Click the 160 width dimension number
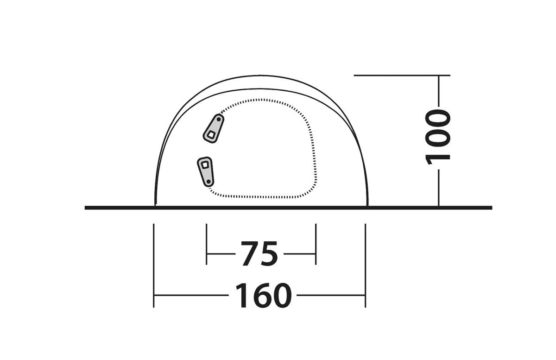pos(263,296)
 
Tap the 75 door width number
pos(259,254)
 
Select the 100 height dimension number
pos(438,137)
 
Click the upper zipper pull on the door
pos(214,128)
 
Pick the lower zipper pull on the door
pos(206,171)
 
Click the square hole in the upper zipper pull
pos(211,135)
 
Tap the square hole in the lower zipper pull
pos(204,164)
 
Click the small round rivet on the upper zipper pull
pos(219,120)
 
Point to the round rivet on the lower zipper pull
pos(208,182)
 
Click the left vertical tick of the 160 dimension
pos(154,265)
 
